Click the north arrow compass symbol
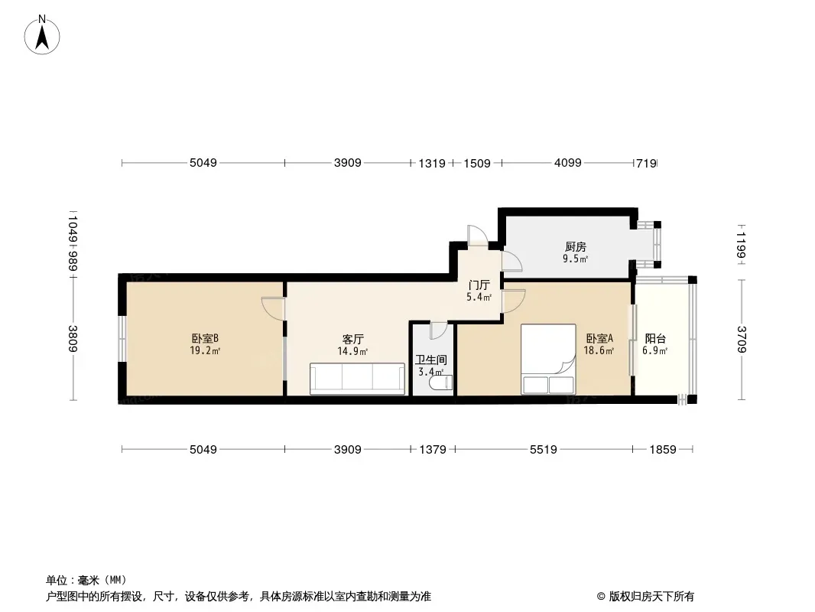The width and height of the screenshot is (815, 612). click(x=42, y=35)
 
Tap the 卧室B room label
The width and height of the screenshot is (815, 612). click(x=205, y=338)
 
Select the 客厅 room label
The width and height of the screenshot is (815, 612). click(x=352, y=340)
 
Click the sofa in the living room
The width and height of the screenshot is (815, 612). click(x=357, y=379)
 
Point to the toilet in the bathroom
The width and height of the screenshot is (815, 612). click(x=441, y=383)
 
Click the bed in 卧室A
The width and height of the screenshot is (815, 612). click(x=548, y=360)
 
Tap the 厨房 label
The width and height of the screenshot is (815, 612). click(x=576, y=246)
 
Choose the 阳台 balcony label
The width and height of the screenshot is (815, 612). click(x=655, y=338)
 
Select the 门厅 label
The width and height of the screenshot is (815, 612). click(x=479, y=285)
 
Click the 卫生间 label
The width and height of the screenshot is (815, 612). click(x=431, y=360)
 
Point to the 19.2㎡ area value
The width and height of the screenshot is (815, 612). click(x=205, y=351)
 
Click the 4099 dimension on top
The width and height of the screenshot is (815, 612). click(x=567, y=163)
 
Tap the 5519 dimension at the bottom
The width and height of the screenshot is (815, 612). click(x=543, y=449)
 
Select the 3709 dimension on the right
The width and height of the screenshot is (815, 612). click(x=741, y=340)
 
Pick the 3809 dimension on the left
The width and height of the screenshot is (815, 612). click(x=73, y=338)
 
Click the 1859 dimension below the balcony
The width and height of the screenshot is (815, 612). click(x=663, y=449)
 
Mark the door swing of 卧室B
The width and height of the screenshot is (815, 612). click(x=273, y=308)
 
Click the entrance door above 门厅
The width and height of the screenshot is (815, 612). click(x=478, y=236)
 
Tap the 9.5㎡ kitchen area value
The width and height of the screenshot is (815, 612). click(x=575, y=259)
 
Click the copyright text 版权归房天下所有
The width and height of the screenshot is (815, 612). click(x=651, y=597)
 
